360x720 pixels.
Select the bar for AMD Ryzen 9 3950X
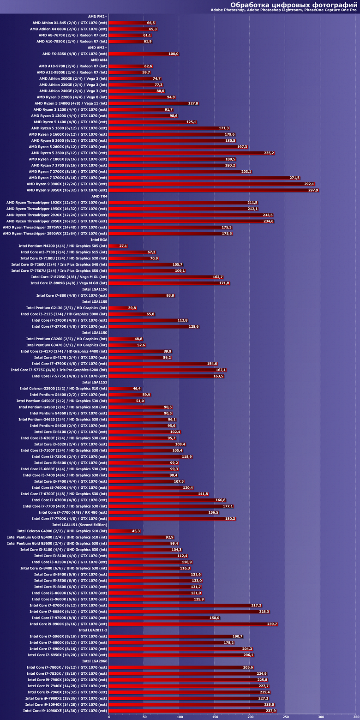pos(214,190)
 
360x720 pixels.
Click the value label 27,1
pos(123,246)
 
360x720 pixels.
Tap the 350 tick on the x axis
pos(356,717)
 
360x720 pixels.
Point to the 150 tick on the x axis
pos(215,717)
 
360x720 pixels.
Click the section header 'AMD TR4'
pos(99,196)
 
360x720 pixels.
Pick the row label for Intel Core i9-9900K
pos(68,624)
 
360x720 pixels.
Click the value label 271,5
pos(294,178)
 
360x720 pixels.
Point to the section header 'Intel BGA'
pos(99,240)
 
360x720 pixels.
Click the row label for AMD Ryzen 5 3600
pos(69,153)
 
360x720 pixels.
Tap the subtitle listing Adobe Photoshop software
pos(284,10)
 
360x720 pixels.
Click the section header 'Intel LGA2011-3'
pos(93,630)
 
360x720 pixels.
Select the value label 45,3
pos(136,531)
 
